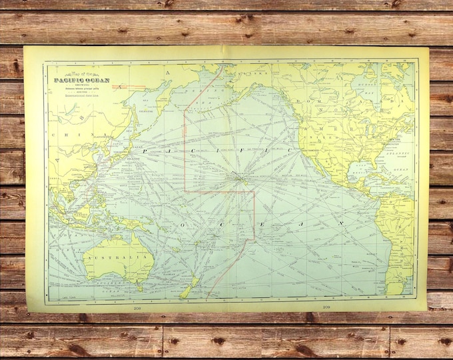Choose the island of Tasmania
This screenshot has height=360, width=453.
tap(139, 287)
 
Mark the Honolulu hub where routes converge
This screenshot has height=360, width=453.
tap(239, 177)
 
